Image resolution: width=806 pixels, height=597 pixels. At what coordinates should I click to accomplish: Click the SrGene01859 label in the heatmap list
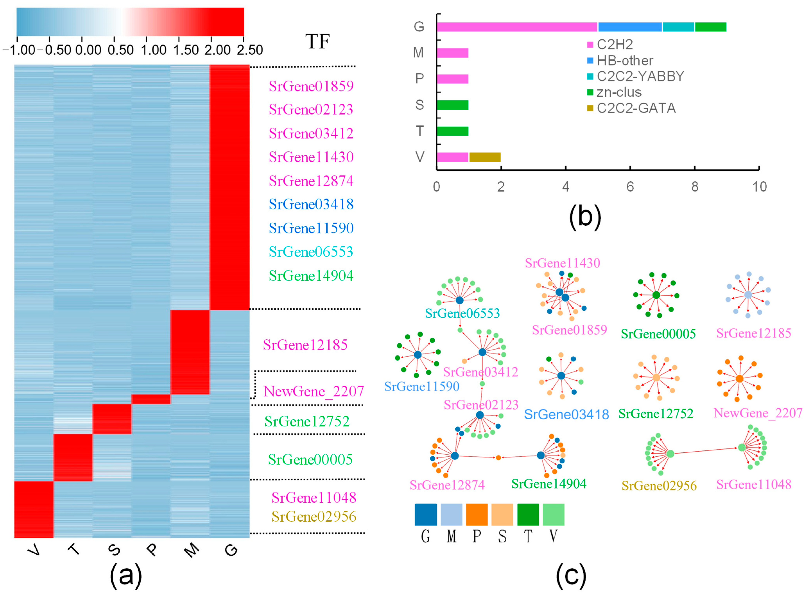point(311,86)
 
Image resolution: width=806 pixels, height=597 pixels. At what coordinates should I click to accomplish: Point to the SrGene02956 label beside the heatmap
point(314,516)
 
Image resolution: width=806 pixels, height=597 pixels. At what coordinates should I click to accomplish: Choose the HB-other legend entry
point(625,60)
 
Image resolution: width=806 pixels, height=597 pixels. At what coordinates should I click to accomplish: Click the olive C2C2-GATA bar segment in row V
point(485,157)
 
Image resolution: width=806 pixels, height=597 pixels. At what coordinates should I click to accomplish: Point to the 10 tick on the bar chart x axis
point(759,187)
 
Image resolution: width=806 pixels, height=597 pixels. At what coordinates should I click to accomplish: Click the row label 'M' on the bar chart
point(419,53)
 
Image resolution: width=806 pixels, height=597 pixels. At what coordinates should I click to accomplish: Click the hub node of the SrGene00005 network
point(656,295)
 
